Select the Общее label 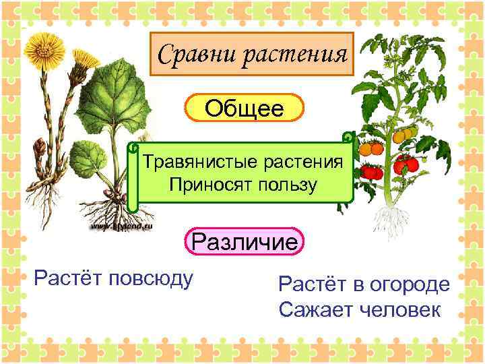pos(245,108)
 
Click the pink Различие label pos(245,242)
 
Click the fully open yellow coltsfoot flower pos(46,48)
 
